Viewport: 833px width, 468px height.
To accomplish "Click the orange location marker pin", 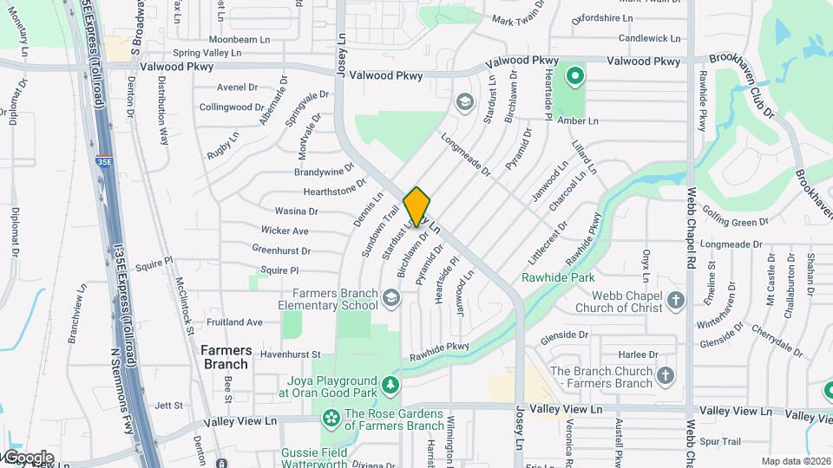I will point(416,205).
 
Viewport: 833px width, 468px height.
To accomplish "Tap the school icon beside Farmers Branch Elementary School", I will point(391,299).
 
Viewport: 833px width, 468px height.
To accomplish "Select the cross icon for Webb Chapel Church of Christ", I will point(677,301).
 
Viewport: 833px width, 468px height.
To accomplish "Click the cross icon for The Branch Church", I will point(666,376).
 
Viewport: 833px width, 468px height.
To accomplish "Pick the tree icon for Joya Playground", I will point(391,383).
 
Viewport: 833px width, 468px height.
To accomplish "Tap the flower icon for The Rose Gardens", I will point(331,419).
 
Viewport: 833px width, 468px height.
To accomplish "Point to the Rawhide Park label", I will point(557,278).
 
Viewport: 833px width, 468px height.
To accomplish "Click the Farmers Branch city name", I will point(226,357).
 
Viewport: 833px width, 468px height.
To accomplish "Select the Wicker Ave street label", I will point(285,231).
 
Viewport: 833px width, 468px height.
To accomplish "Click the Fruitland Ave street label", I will point(234,322).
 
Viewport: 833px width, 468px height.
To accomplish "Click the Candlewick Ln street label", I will point(650,38).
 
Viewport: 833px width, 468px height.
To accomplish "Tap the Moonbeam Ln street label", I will point(240,40).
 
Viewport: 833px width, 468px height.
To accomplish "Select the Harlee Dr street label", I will point(640,354).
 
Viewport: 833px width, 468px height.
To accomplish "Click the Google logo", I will point(28,457).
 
